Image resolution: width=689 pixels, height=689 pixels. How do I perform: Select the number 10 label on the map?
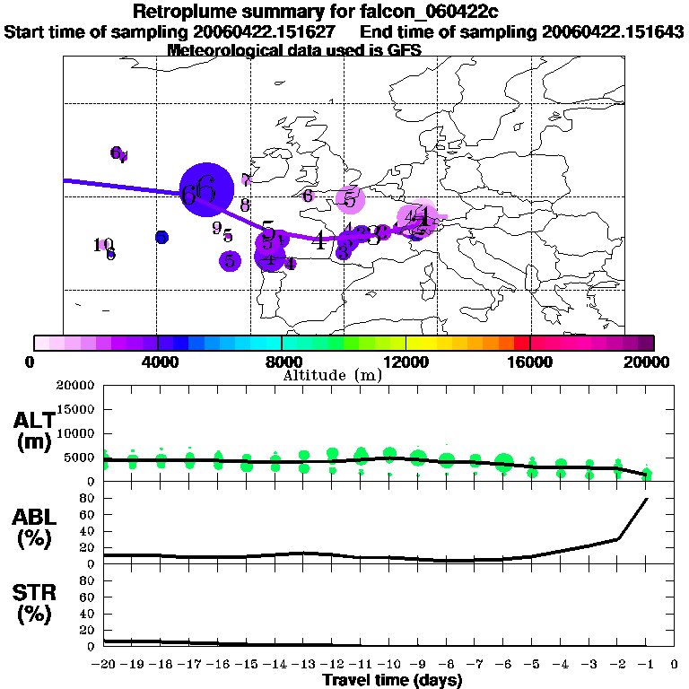tap(102, 244)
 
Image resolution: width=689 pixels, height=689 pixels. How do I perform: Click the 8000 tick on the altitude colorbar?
tap(282, 362)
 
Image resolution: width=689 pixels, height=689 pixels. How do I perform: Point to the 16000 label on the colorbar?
tap(530, 362)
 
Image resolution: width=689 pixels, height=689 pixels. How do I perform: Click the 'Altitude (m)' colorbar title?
tap(333, 375)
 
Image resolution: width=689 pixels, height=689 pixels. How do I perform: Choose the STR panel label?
tap(33, 603)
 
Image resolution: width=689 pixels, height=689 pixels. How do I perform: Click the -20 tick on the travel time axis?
tap(104, 665)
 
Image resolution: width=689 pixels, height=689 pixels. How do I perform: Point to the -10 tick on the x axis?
tap(389, 665)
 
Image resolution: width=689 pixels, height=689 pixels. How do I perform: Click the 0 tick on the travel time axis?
tap(675, 665)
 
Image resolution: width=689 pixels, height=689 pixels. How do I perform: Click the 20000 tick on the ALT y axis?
tap(77, 386)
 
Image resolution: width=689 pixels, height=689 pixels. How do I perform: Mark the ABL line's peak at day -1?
tap(646, 499)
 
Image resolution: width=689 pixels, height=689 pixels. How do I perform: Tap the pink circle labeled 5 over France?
tap(350, 199)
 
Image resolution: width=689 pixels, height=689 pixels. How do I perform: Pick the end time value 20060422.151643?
tap(613, 31)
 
